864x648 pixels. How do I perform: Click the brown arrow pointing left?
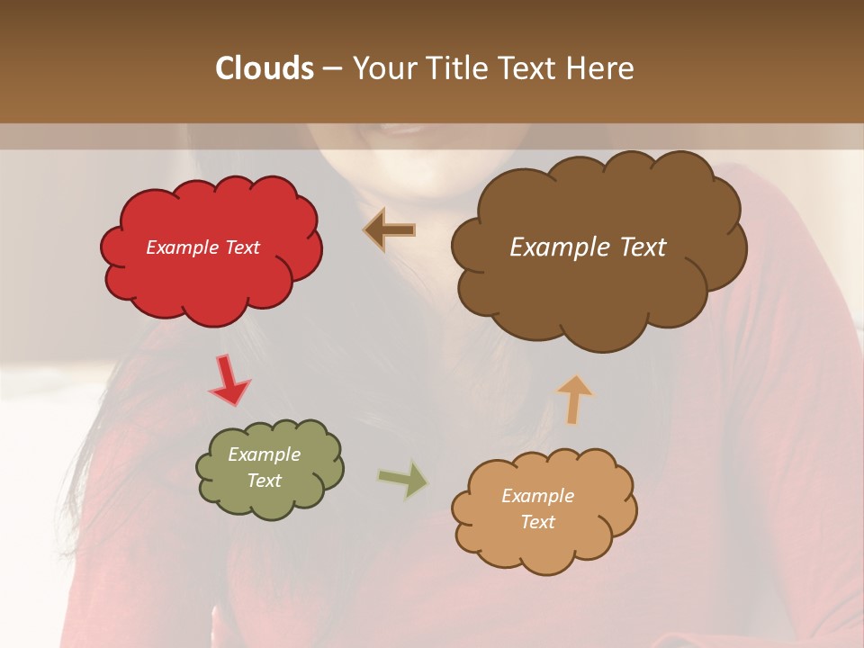(x=390, y=230)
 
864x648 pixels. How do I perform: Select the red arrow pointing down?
(x=229, y=380)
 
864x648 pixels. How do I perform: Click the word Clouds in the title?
(x=264, y=68)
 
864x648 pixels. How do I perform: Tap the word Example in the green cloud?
(x=264, y=454)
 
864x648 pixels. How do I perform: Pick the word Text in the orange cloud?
(x=537, y=522)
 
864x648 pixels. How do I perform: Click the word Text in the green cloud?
(x=264, y=481)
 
